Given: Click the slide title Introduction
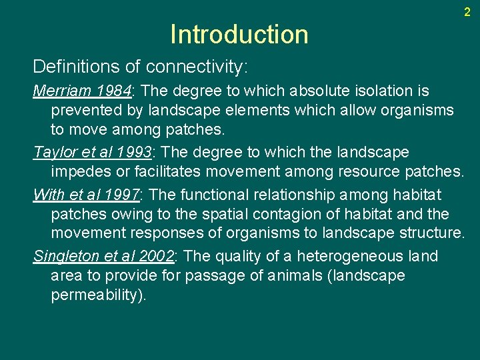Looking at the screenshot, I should tap(239, 34).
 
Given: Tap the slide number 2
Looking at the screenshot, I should tap(467, 11).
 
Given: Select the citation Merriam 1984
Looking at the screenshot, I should tap(83, 91).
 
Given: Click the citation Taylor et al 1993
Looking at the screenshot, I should tap(93, 153).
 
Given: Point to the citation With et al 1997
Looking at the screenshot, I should tap(86, 195).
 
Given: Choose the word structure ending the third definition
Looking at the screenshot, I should tap(427, 233).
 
